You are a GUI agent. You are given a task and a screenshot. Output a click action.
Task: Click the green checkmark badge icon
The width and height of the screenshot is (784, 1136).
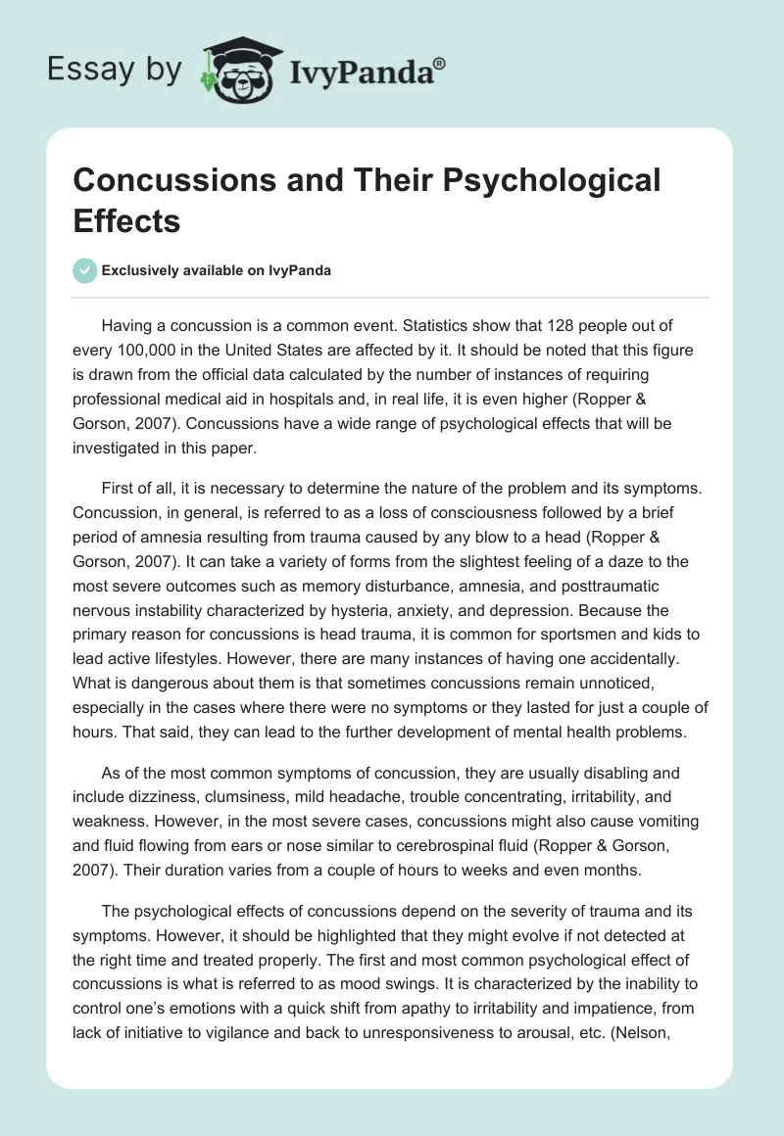[85, 270]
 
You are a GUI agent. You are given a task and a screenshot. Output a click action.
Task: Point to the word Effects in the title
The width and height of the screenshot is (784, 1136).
[126, 220]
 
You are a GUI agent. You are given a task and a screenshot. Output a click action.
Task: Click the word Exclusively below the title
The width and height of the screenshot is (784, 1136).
[144, 271]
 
